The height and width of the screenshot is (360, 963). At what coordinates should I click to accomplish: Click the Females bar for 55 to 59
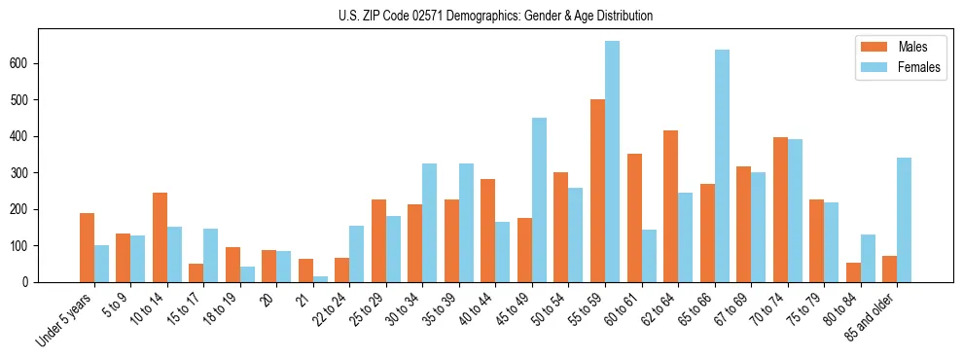point(612,162)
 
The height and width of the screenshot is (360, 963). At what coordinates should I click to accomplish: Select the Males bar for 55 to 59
point(597,191)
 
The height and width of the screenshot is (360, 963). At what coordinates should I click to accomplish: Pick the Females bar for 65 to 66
point(722,166)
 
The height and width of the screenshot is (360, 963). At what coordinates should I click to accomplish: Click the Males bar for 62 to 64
point(670,206)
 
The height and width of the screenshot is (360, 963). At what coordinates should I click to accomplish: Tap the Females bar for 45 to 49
point(539,200)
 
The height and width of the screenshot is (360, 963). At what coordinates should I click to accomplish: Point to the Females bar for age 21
point(320,279)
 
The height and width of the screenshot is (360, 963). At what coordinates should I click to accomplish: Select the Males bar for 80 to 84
point(853,272)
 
